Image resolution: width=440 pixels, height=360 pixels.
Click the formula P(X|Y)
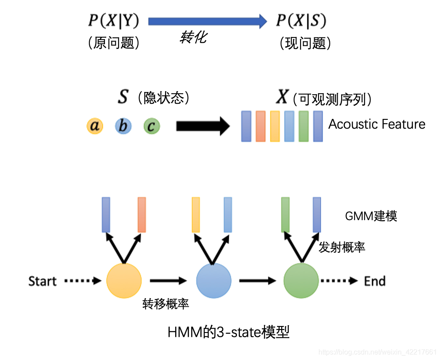pyautogui.click(x=112, y=20)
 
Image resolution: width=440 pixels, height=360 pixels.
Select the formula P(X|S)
pyautogui.click(x=301, y=20)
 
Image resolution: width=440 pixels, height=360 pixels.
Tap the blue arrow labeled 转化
pyautogui.click(x=207, y=20)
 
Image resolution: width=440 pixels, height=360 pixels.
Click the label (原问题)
pyautogui.click(x=113, y=43)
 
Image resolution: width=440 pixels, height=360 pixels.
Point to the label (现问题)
pyautogui.click(x=305, y=43)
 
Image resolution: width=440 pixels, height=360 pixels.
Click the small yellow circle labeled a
pyautogui.click(x=95, y=126)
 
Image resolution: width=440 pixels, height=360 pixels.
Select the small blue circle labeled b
pyautogui.click(x=123, y=126)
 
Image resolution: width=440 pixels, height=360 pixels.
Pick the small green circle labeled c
pyautogui.click(x=152, y=126)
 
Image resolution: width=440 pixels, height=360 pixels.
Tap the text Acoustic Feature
pyautogui.click(x=376, y=124)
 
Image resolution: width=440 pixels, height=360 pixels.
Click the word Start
pyautogui.click(x=42, y=281)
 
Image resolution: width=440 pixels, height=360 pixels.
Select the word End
pyautogui.click(x=375, y=281)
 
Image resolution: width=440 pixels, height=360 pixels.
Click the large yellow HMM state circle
pyautogui.click(x=124, y=281)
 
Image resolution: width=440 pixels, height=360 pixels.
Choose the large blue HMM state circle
pyautogui.click(x=214, y=281)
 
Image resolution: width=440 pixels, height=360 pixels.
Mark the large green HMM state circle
pyautogui.click(x=301, y=281)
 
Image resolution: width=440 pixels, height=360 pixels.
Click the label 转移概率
pyautogui.click(x=166, y=304)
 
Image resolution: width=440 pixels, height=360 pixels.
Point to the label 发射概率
pyautogui.click(x=342, y=247)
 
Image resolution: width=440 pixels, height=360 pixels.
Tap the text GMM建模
pyautogui.click(x=371, y=216)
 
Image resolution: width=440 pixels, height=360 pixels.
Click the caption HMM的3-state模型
pyautogui.click(x=228, y=333)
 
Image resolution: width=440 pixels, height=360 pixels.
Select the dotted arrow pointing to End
pyautogui.click(x=339, y=281)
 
